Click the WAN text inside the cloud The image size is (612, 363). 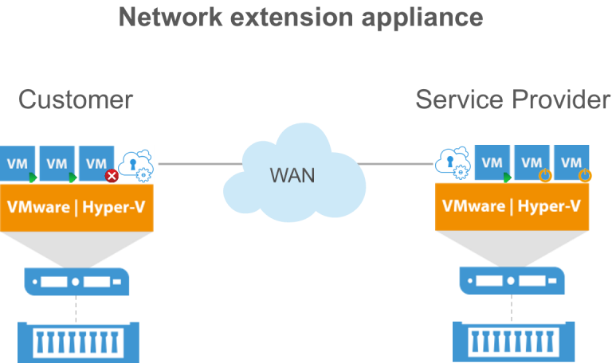pos(292,175)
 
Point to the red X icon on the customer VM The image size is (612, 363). pos(112,175)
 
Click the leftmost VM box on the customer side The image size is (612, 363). pos(17,164)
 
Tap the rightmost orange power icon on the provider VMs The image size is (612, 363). pos(585,175)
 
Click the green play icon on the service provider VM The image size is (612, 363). pos(507,177)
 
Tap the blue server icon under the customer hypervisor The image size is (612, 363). pos(76,281)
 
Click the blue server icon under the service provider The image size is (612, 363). pos(512,281)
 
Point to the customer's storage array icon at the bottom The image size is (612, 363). pos(77,340)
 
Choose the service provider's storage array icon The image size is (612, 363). pos(512,340)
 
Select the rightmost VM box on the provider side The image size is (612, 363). pos(571,164)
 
